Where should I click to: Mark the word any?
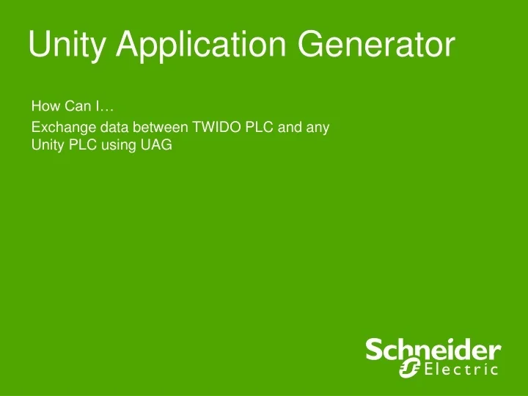[318, 128]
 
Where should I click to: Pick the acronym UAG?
[156, 144]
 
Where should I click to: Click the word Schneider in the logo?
[433, 350]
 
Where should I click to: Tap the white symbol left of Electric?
[410, 368]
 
